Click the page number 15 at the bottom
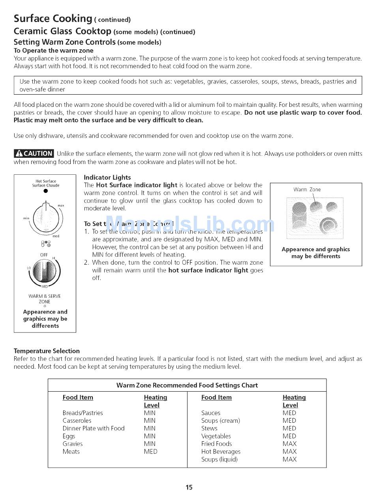coord(189,487)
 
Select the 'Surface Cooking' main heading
coord(53,19)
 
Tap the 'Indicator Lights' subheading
coord(107,177)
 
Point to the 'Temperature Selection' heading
coord(47,351)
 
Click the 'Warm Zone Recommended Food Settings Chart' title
coord(187,385)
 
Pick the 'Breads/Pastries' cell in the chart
coord(82,413)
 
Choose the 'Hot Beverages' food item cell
coord(221,452)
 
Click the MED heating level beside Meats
coord(150,452)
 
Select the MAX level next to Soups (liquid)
coord(289,459)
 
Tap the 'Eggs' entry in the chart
coord(69,436)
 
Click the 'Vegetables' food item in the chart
coord(216,436)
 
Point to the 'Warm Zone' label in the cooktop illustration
coord(307,190)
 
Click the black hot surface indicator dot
coord(46,191)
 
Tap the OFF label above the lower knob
coord(44,255)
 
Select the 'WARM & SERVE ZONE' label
coord(45,299)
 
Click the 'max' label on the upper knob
coord(60,206)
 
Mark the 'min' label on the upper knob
coord(26,218)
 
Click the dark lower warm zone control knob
coord(44,272)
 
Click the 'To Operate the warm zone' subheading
coord(54,50)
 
